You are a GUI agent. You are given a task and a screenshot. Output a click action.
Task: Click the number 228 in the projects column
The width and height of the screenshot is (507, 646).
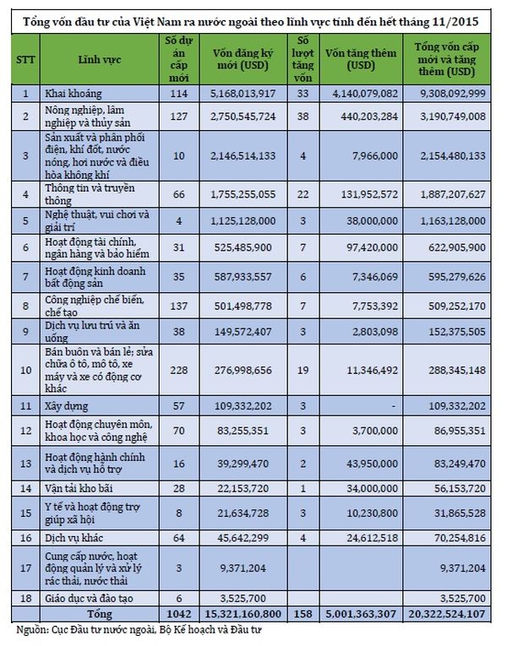coord(177,369)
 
